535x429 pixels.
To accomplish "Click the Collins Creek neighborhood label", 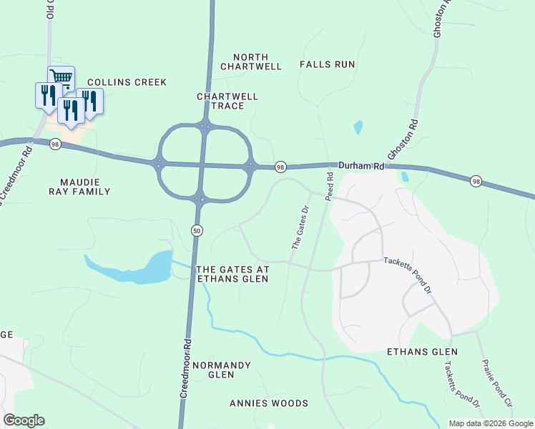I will (127, 82).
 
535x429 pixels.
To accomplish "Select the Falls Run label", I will (328, 64).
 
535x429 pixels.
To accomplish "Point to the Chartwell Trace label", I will (227, 101).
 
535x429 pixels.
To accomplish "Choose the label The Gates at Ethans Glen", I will (232, 274).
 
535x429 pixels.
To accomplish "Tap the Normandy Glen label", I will (222, 370).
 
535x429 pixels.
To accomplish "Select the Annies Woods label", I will (269, 403).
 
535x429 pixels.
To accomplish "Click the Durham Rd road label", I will (361, 166).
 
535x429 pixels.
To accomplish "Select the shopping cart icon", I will (62, 78).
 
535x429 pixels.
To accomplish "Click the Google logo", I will (24, 420).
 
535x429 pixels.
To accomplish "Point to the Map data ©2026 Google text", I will (491, 423).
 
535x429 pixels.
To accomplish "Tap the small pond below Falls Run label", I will (358, 128).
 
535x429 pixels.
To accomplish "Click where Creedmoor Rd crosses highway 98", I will (204, 165).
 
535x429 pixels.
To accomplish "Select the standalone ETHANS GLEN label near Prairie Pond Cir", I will (422, 352).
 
